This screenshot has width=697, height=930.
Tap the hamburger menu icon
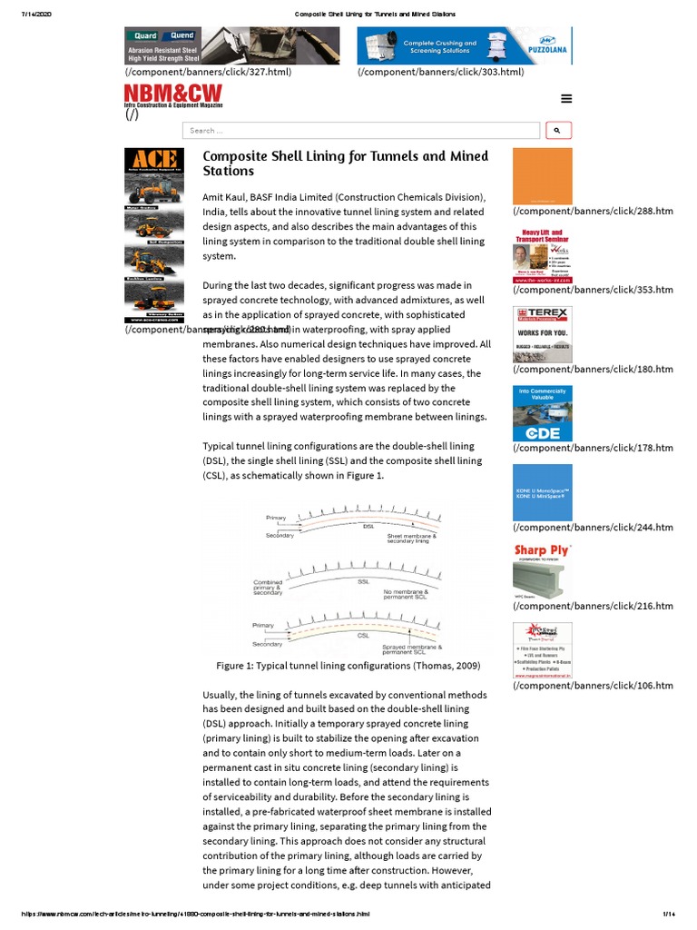click(566, 99)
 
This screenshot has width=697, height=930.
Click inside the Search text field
click(360, 131)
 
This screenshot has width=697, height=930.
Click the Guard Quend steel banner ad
click(231, 45)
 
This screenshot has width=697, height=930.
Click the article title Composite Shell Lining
click(345, 163)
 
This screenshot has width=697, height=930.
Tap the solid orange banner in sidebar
click(542, 176)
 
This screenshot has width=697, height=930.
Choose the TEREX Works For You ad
click(542, 334)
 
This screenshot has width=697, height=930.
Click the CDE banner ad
click(542, 413)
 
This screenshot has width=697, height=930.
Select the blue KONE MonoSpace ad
click(542, 492)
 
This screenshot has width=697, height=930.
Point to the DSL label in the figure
click(368, 526)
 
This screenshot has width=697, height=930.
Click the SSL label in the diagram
click(363, 581)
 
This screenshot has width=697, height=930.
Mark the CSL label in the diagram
click(363, 636)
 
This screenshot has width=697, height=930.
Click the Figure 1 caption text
click(348, 666)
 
